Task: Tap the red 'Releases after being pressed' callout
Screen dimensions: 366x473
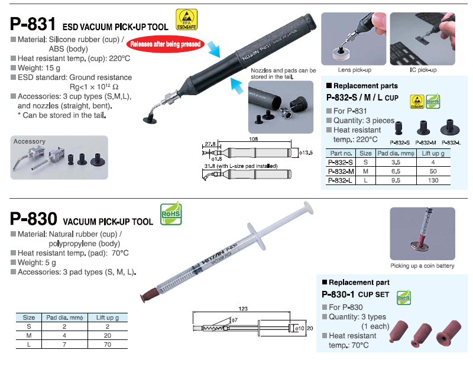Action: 165,44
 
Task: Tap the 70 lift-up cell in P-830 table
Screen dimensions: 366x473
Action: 108,344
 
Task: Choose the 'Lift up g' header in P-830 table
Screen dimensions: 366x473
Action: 108,318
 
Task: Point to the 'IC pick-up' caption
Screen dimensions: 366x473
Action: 423,70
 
